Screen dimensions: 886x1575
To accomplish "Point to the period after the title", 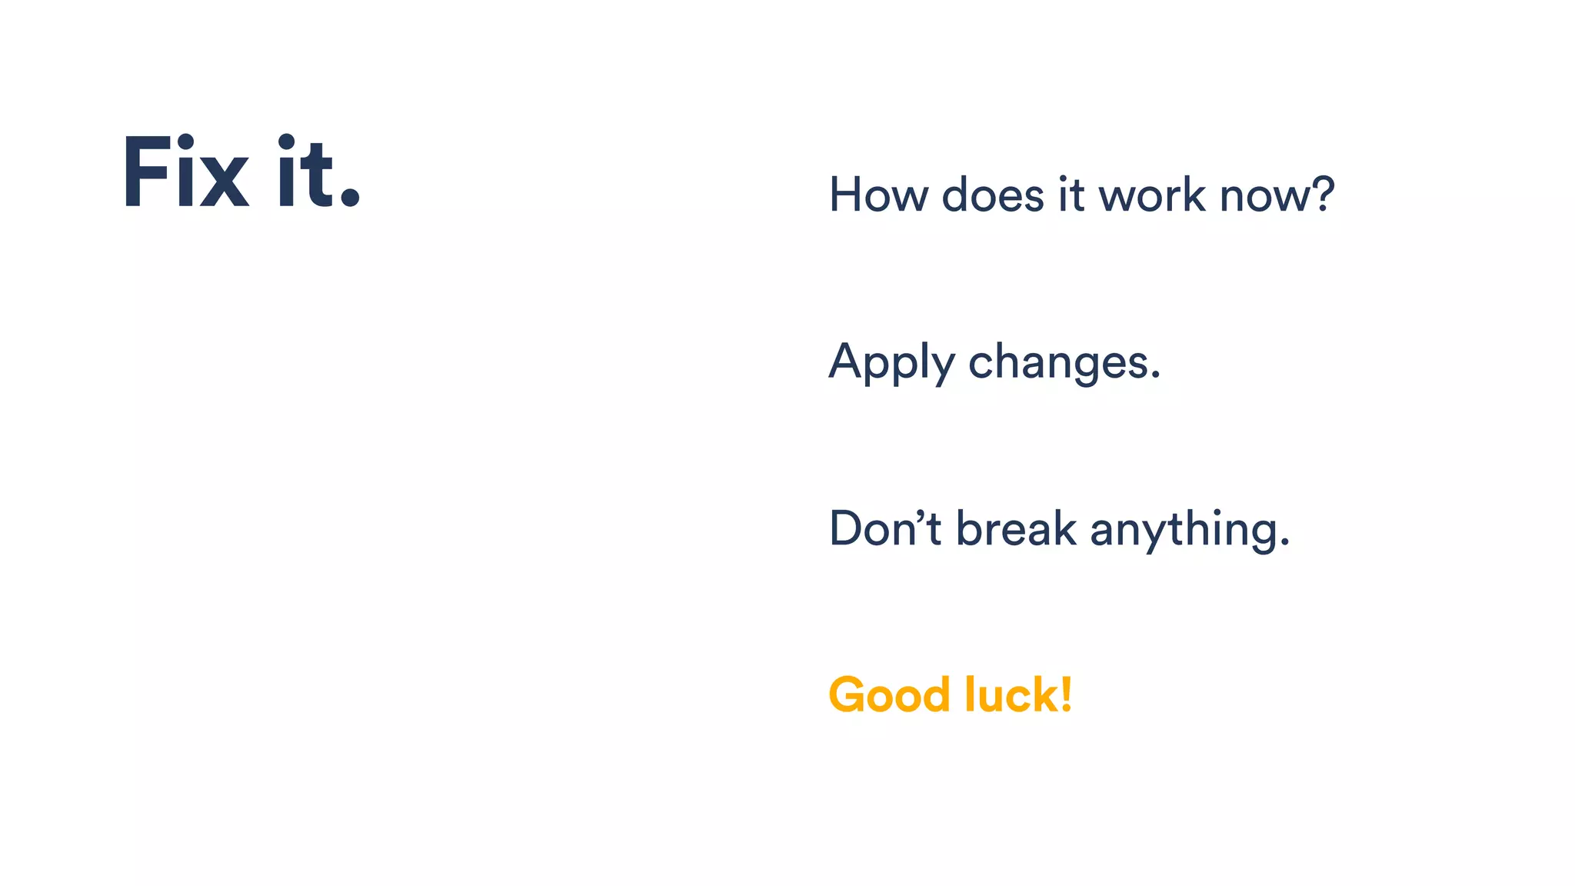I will pos(350,196).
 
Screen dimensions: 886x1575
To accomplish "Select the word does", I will pos(993,195).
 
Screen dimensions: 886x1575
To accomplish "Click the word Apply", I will pos(891,362).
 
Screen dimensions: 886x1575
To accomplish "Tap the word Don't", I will pos(884,528).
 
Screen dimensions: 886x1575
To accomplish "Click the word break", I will pos(1015,528).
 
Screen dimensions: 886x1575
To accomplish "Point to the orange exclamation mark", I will pos(1066,694).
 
